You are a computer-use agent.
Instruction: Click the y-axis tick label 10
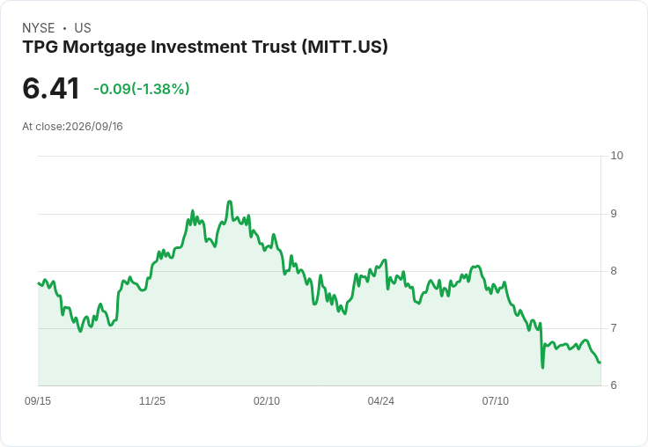pyautogui.click(x=616, y=156)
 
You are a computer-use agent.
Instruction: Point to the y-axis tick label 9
pyautogui.click(x=614, y=214)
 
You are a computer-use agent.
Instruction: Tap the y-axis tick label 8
pyautogui.click(x=614, y=271)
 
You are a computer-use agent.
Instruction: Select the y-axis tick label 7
pyautogui.click(x=614, y=328)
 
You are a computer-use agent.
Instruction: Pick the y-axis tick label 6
pyautogui.click(x=614, y=385)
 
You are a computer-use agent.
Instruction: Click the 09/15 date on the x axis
pyautogui.click(x=38, y=401)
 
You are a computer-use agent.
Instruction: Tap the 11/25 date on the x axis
pyautogui.click(x=152, y=401)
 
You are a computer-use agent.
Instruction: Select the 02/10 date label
pyautogui.click(x=267, y=401)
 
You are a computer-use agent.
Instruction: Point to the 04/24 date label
pyautogui.click(x=380, y=401)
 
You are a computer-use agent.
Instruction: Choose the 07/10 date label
pyautogui.click(x=495, y=401)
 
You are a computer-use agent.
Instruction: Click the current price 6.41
pyautogui.click(x=51, y=89)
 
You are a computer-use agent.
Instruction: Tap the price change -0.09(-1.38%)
pyautogui.click(x=142, y=89)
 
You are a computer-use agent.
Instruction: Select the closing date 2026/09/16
pyautogui.click(x=94, y=127)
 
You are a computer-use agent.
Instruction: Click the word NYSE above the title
pyautogui.click(x=39, y=28)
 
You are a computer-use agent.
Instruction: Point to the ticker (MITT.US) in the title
pyautogui.click(x=344, y=48)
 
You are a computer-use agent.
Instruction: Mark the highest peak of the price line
pyautogui.click(x=230, y=202)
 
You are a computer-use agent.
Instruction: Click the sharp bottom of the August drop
pyautogui.click(x=542, y=367)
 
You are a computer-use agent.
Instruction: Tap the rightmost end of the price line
pyautogui.click(x=600, y=363)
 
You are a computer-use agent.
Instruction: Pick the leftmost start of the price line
pyautogui.click(x=38, y=283)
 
